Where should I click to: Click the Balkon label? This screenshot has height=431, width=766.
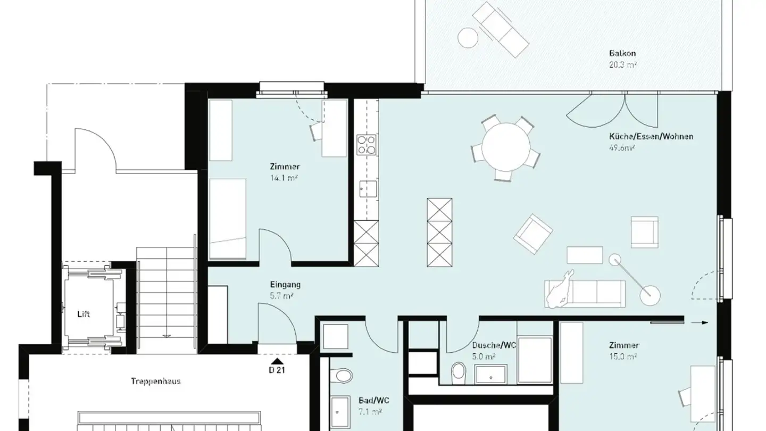coord(622,53)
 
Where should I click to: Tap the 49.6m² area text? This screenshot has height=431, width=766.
coord(622,148)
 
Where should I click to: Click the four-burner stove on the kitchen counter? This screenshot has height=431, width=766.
coord(366,144)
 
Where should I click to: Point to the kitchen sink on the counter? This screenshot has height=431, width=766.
coord(367,188)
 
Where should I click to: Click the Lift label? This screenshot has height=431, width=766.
coord(84,314)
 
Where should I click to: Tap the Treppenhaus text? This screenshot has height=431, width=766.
coord(155,381)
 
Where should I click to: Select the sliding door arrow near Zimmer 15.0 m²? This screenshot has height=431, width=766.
coord(703,322)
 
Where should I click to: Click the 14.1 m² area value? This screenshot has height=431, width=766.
coord(284,178)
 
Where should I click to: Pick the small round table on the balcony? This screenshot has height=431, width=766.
coord(468,37)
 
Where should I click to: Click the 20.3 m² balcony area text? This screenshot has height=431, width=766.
coord(622,65)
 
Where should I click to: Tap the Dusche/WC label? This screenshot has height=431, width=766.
coord(494,345)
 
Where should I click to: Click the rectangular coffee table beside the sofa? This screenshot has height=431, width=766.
coord(585,255)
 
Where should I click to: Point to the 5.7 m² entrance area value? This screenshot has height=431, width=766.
coord(281,296)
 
